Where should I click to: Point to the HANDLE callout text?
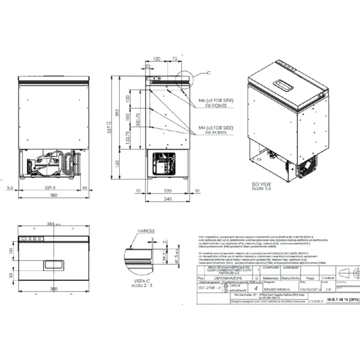(146, 229)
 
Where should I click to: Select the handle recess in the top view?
(54, 265)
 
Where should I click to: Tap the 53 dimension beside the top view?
(10, 274)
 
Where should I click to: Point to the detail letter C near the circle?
(208, 72)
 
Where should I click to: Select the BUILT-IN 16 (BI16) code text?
(343, 299)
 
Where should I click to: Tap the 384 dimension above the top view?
(50, 223)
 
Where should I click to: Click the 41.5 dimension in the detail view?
(176, 257)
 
